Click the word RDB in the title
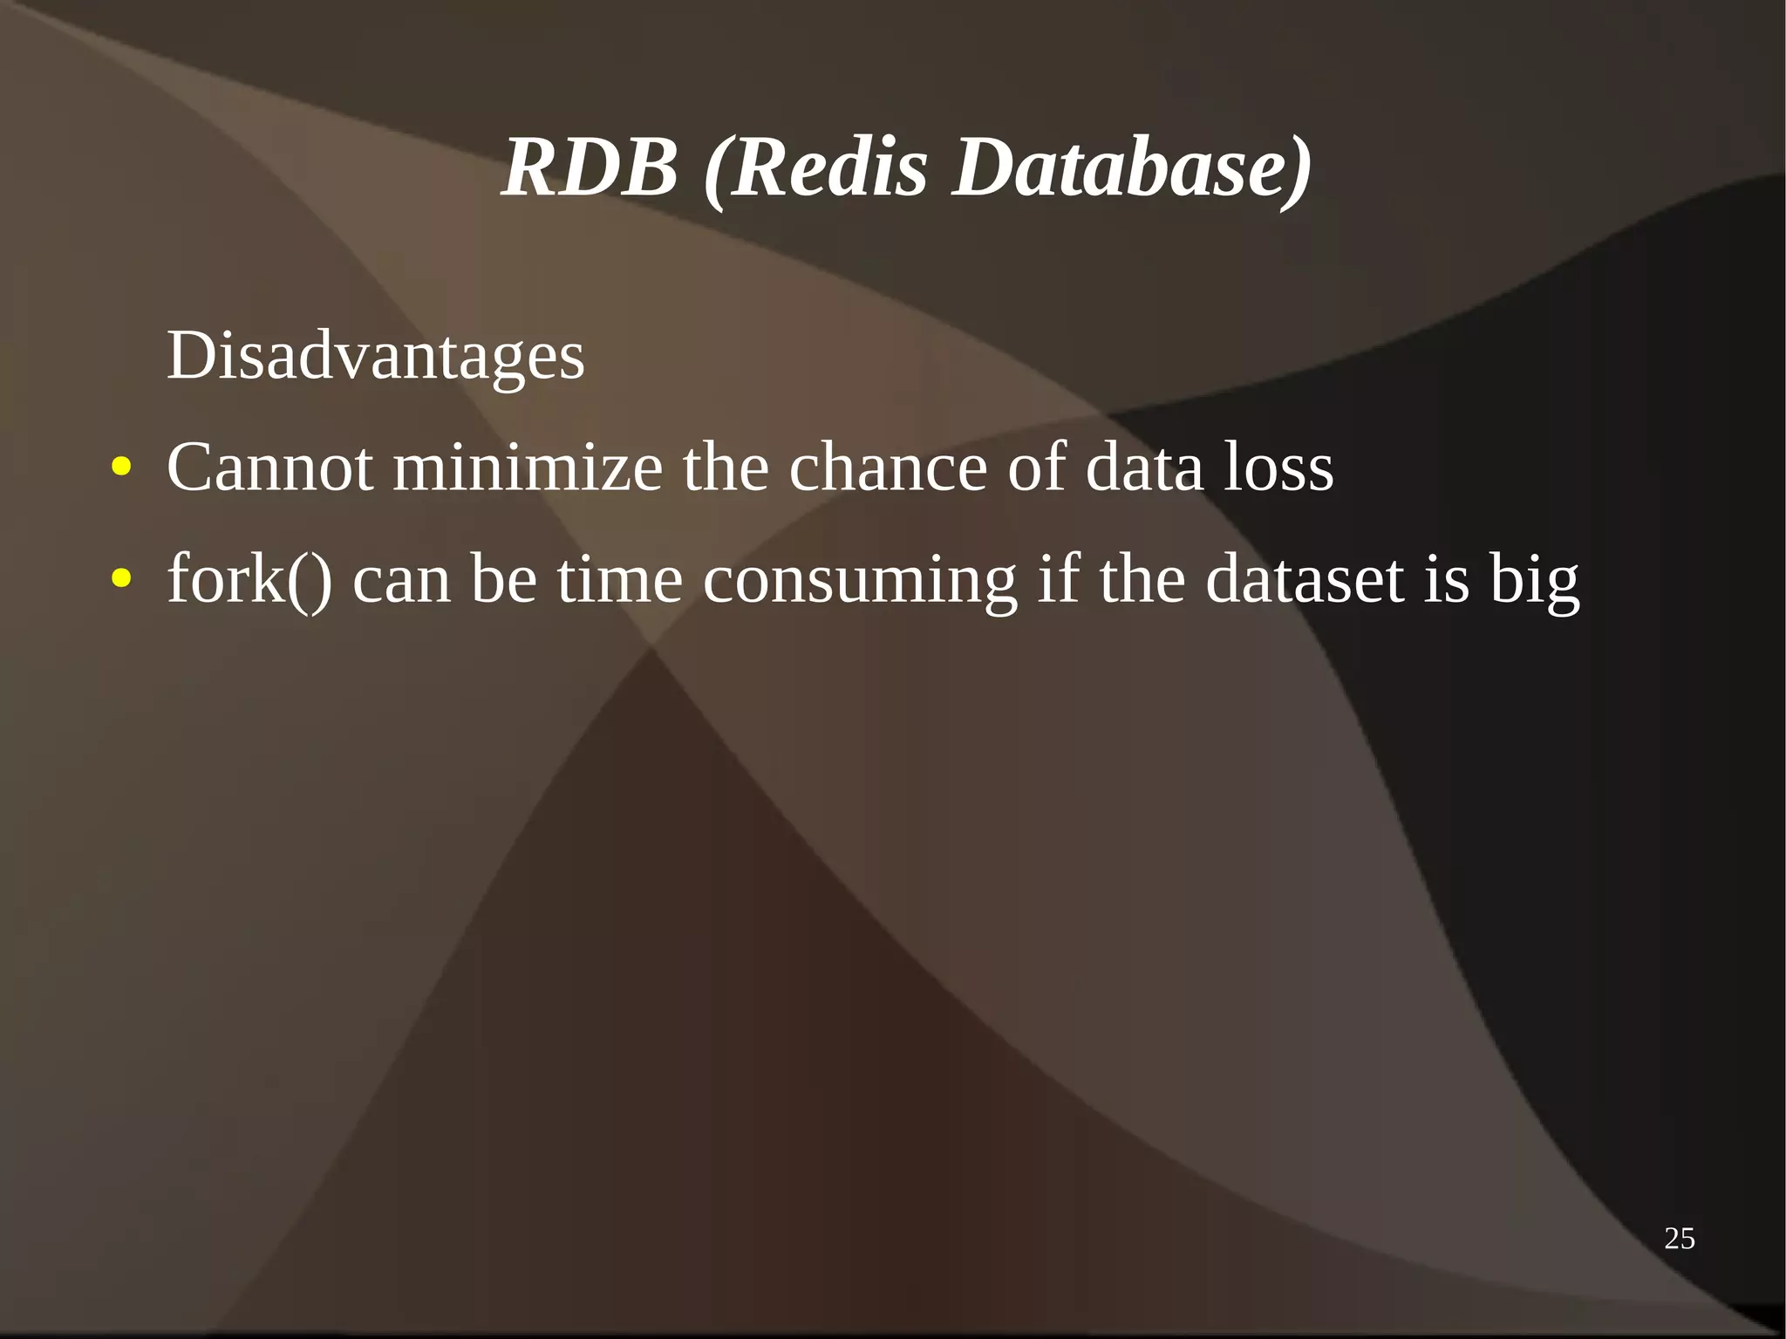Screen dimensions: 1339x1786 (x=590, y=167)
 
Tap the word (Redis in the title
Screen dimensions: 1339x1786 (x=815, y=167)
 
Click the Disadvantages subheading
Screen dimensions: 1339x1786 (x=375, y=356)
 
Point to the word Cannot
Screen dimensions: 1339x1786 (x=270, y=468)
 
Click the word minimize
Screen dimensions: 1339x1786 (x=528, y=468)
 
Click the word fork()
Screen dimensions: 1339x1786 (x=249, y=580)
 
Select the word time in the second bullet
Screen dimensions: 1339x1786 (x=619, y=580)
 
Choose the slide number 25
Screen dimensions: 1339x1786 (x=1679, y=1239)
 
